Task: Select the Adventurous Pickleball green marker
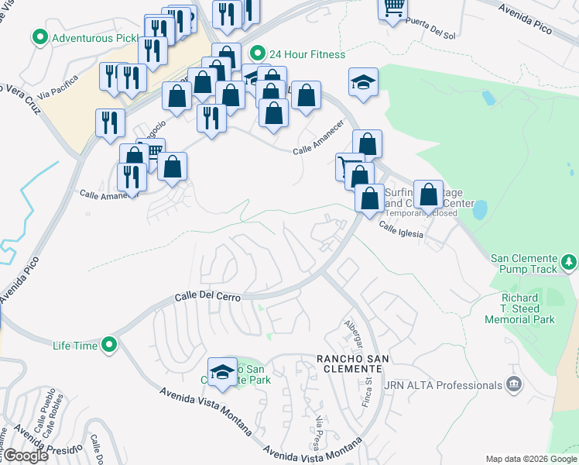pyautogui.click(x=39, y=36)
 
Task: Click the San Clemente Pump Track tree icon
pyautogui.click(x=569, y=263)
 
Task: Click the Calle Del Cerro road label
pyautogui.click(x=208, y=297)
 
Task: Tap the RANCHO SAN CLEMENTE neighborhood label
pyautogui.click(x=352, y=358)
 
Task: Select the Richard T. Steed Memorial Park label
pyautogui.click(x=520, y=308)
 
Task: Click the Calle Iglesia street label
pyautogui.click(x=400, y=226)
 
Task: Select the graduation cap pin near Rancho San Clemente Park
pyautogui.click(x=222, y=372)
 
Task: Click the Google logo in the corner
pyautogui.click(x=26, y=456)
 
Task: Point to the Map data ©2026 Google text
pyautogui.click(x=530, y=458)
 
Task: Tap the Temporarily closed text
pyautogui.click(x=421, y=213)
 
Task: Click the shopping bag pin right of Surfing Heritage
pyautogui.click(x=428, y=195)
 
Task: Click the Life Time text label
pyautogui.click(x=75, y=345)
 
